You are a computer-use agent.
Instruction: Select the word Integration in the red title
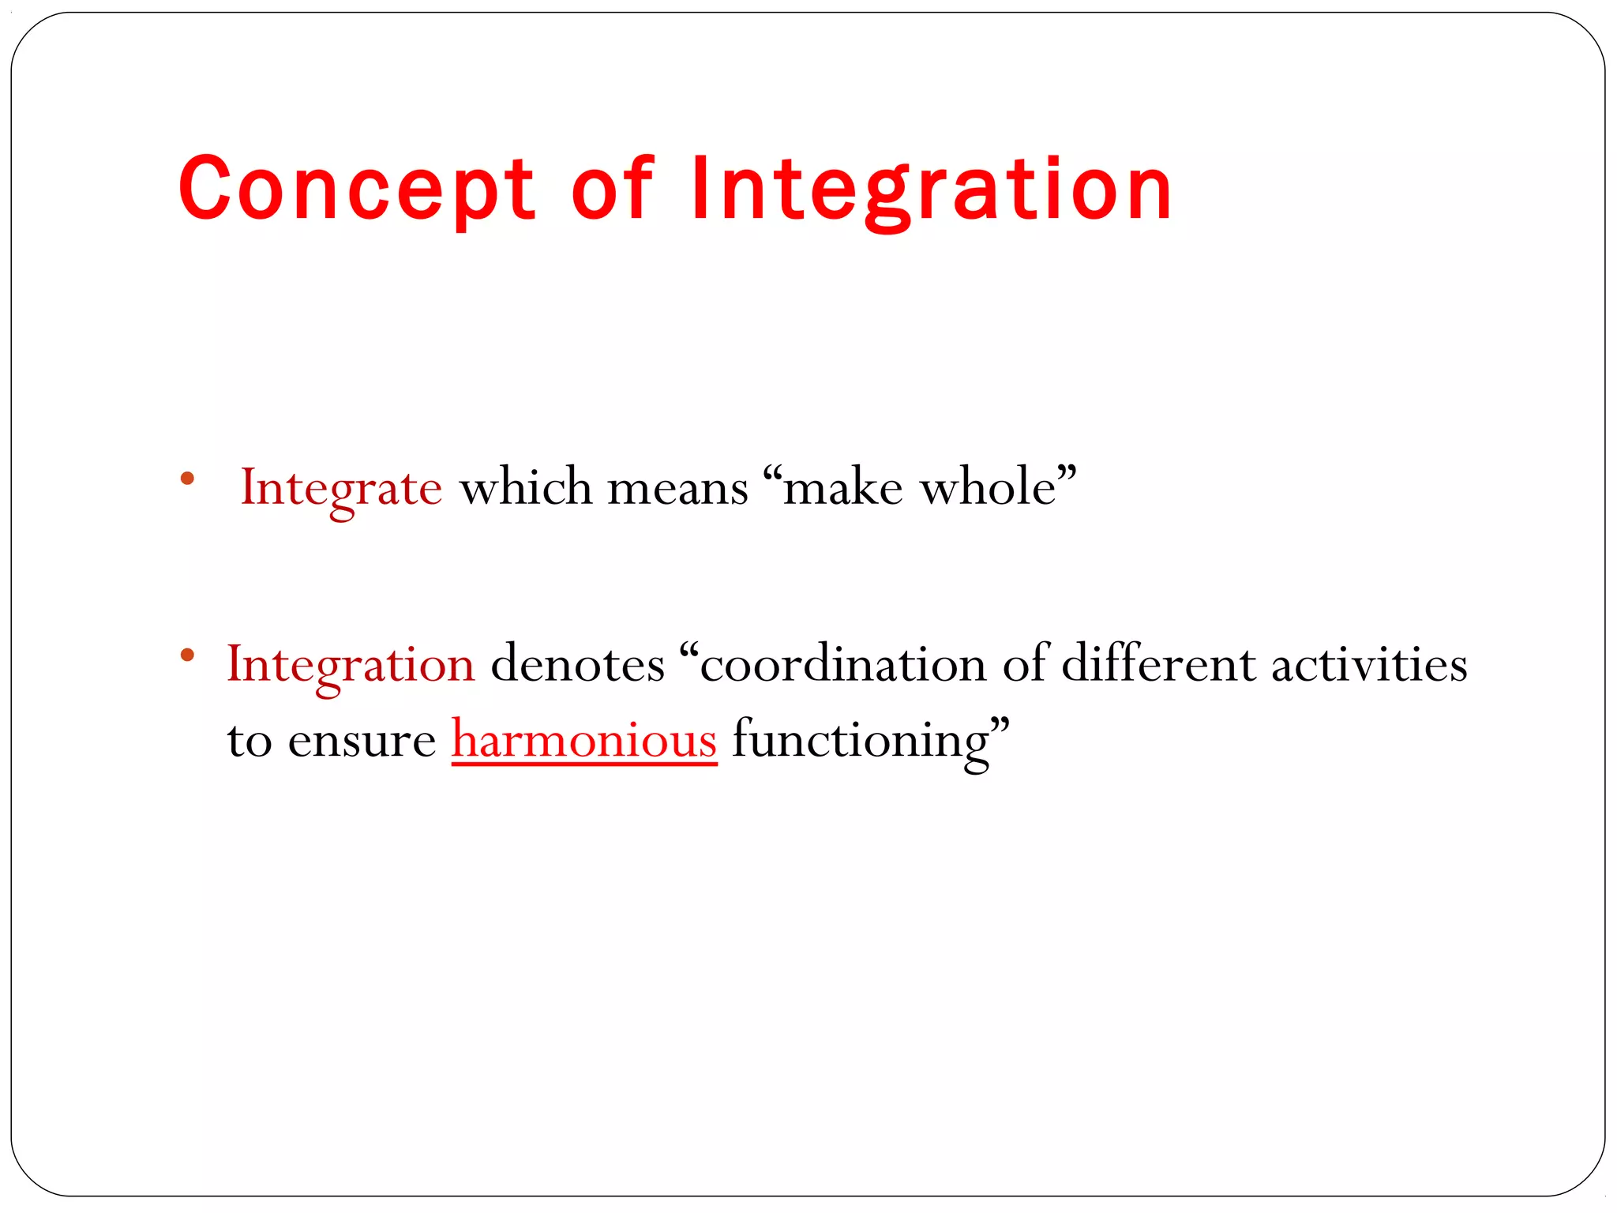(x=932, y=190)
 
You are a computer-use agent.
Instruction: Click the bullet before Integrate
(x=187, y=478)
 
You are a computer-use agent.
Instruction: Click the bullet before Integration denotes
(x=187, y=654)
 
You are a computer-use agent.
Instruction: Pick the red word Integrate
(x=341, y=488)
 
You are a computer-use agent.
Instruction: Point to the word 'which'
(x=525, y=486)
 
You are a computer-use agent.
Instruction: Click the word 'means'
(x=677, y=488)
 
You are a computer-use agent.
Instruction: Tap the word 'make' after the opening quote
(x=842, y=486)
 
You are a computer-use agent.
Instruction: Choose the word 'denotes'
(x=577, y=663)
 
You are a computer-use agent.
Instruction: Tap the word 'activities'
(x=1369, y=663)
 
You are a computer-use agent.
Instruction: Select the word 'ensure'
(x=362, y=741)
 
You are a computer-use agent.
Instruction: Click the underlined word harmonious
(x=584, y=741)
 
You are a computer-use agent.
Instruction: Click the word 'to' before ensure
(x=249, y=741)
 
